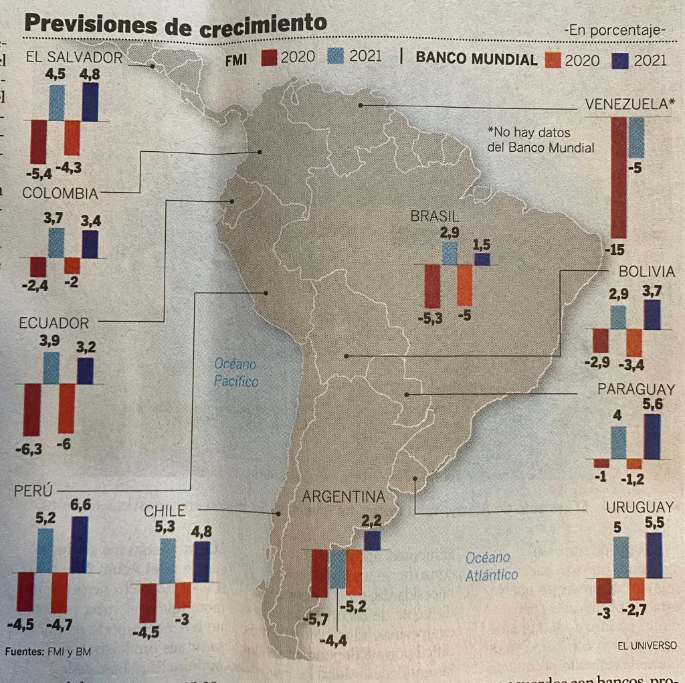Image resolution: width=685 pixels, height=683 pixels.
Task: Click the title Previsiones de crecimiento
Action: tap(175, 24)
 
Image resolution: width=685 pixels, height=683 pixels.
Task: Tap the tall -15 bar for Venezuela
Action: tap(619, 177)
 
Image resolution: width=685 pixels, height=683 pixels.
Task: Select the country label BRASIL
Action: tap(435, 216)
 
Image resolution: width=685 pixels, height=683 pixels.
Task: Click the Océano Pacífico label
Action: tap(235, 373)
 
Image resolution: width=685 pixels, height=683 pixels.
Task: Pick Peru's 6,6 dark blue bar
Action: tap(79, 544)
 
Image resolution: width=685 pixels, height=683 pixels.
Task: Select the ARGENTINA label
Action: tap(344, 497)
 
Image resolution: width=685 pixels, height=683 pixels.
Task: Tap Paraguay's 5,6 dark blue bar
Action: tap(652, 436)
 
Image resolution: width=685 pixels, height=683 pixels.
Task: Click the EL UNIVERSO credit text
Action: tap(647, 646)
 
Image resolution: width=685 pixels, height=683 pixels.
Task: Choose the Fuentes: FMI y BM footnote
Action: tap(47, 651)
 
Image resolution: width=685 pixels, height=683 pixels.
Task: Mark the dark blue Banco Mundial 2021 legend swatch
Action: tap(620, 60)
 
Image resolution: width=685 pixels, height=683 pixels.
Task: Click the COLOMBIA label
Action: tap(60, 193)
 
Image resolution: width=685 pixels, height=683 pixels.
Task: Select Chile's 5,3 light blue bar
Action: tap(167, 560)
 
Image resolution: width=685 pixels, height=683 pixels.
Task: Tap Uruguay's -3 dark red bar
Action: tap(603, 591)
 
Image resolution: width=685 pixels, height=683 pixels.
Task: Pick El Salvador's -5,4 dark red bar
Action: tap(38, 141)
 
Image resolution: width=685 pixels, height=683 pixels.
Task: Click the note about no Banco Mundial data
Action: tap(541, 140)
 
